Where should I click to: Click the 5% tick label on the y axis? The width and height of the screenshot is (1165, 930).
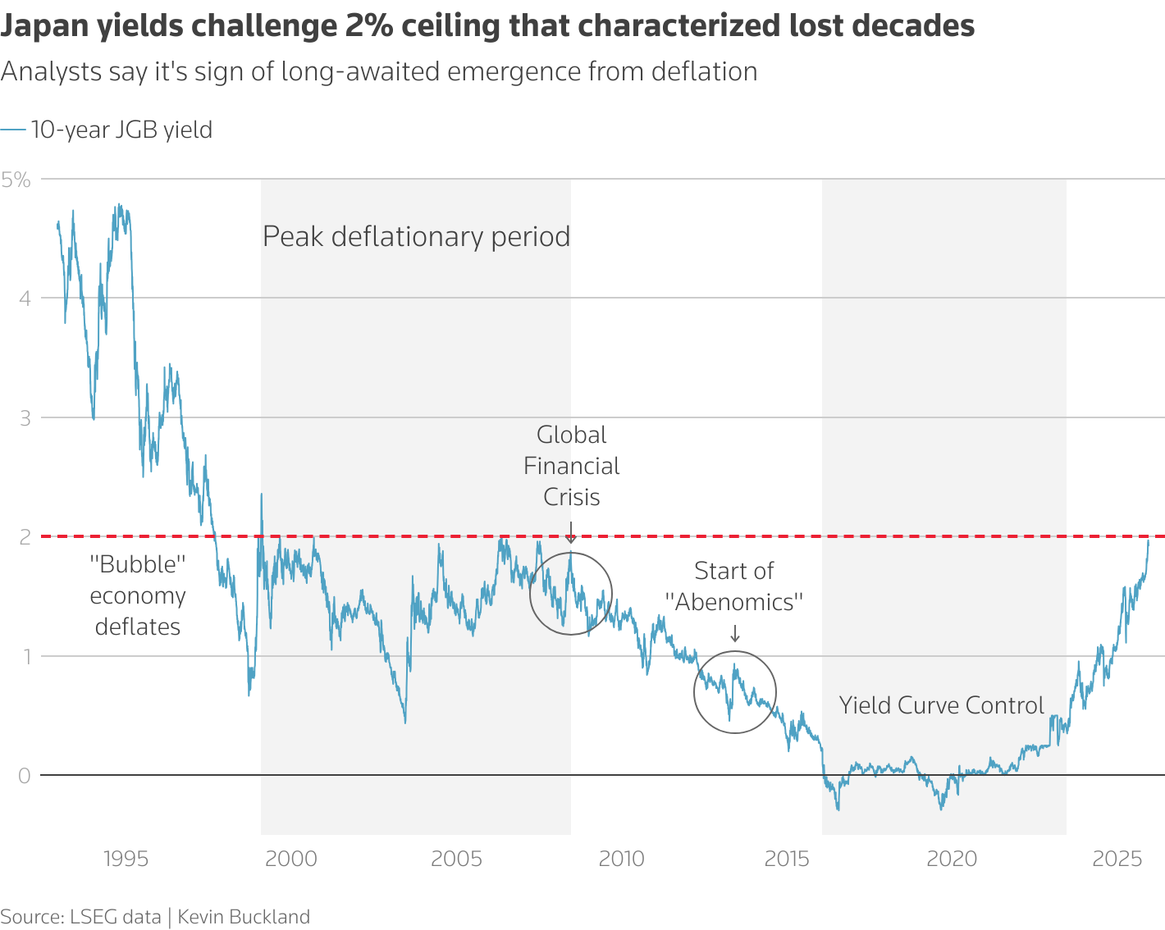pos(16,180)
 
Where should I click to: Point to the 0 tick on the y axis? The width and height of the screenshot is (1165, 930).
pos(24,775)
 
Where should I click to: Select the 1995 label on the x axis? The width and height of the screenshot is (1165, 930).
pos(126,859)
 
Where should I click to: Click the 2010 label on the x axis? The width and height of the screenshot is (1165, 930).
pos(621,859)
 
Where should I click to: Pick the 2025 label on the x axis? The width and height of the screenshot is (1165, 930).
pos(1117,859)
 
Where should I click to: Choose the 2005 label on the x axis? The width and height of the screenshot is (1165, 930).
pos(456,859)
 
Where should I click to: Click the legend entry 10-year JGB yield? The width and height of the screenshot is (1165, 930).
pos(121,130)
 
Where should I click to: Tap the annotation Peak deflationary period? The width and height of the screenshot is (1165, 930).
pos(416,236)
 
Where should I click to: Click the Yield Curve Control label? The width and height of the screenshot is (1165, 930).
pos(941,705)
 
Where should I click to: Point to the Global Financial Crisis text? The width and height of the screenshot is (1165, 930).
pos(571,466)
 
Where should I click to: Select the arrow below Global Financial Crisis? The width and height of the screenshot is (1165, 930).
pos(571,533)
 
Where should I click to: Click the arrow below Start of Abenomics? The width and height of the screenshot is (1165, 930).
pos(734,633)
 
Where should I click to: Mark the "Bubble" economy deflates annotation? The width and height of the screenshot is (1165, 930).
pos(138,595)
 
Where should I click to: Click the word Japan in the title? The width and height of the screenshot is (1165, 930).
pos(45,26)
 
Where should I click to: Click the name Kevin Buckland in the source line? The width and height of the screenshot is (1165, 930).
pos(244,916)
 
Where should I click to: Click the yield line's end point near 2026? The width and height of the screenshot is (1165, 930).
pos(1149,540)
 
